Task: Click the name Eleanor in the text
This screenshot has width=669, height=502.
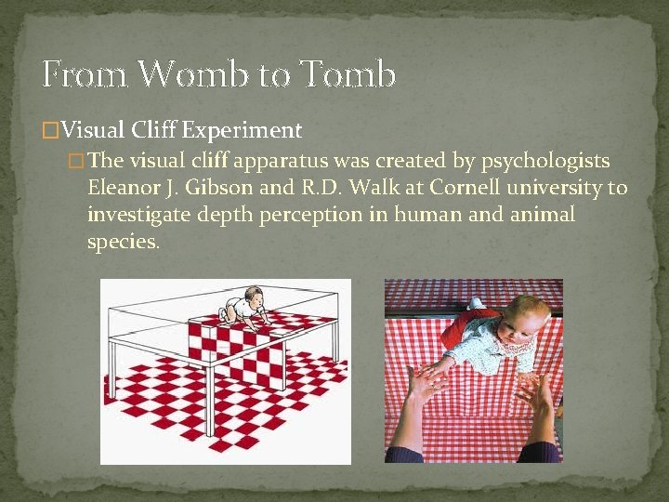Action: click(x=123, y=188)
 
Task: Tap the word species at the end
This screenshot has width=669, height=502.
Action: click(x=123, y=243)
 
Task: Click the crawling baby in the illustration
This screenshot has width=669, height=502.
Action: click(x=243, y=308)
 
